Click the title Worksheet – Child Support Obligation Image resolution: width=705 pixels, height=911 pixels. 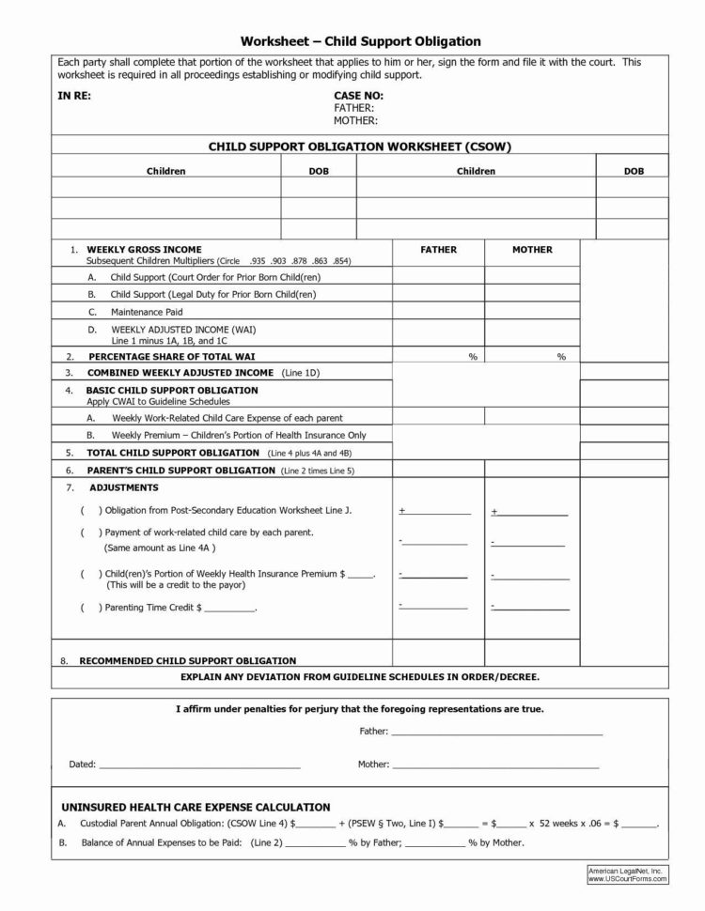(361, 41)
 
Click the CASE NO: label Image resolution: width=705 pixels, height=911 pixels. (358, 96)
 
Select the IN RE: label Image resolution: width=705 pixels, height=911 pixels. (74, 96)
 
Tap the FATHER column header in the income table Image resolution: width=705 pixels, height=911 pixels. (438, 250)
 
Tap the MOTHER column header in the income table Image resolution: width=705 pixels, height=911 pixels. (532, 250)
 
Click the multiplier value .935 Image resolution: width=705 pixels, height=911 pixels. (258, 260)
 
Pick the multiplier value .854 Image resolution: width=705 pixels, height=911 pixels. (341, 260)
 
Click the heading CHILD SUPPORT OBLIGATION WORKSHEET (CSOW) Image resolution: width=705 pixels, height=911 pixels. (359, 147)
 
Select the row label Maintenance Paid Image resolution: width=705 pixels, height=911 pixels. (147, 311)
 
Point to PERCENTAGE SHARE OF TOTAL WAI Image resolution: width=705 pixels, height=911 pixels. (171, 357)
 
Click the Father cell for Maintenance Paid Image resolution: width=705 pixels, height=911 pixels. (438, 311)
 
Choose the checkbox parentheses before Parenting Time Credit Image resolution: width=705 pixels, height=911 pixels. (86, 608)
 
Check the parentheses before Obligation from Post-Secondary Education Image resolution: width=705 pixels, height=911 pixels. (86, 509)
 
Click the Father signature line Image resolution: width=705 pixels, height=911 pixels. (496, 732)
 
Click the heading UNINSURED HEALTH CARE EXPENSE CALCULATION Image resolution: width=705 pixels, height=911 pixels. (196, 807)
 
